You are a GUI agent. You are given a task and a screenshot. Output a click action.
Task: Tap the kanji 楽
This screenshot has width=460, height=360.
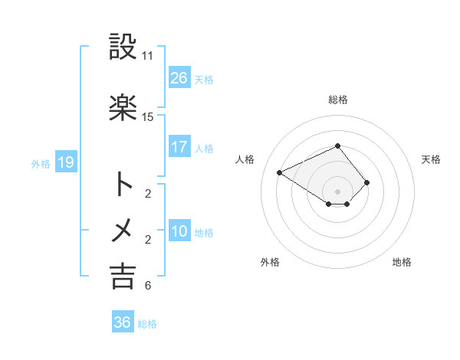[x=123, y=107]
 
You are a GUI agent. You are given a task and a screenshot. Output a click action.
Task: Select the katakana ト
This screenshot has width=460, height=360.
[x=123, y=184]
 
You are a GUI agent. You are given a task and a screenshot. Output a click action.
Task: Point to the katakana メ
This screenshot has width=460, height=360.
[x=123, y=230]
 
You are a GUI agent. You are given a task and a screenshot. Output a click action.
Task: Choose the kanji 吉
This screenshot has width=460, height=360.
[x=123, y=277]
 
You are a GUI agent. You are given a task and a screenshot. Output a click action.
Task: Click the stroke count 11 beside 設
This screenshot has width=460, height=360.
[x=147, y=56]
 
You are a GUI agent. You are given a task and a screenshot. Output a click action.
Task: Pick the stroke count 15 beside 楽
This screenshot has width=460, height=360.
[x=147, y=117]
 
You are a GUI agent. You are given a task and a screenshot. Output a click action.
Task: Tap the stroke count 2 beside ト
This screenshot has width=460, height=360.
[x=147, y=194]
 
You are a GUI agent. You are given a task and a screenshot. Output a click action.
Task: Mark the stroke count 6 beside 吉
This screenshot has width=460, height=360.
[x=147, y=286]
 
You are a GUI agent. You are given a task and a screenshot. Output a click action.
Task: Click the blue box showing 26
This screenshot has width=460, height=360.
[x=179, y=78]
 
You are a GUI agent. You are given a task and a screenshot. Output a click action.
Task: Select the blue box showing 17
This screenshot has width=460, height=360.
[x=179, y=147]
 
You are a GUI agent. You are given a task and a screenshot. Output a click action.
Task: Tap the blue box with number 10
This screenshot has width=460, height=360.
[x=179, y=231]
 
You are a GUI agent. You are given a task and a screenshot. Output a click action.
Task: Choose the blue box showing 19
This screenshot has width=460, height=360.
[x=65, y=162]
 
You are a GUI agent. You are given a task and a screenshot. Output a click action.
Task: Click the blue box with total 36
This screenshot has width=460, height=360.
[x=122, y=322]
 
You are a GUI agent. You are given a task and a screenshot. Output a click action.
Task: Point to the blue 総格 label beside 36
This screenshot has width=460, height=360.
[x=147, y=324]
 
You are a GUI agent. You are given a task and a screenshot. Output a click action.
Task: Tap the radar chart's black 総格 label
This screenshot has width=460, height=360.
[x=337, y=100]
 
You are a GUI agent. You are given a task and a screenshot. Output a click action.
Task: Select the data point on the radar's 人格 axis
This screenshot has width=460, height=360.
[x=279, y=172]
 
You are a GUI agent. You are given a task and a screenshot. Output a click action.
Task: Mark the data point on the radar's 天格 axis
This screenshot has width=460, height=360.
[x=367, y=182]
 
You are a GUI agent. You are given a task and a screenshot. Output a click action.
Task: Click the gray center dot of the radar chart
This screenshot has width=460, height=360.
[x=337, y=191]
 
